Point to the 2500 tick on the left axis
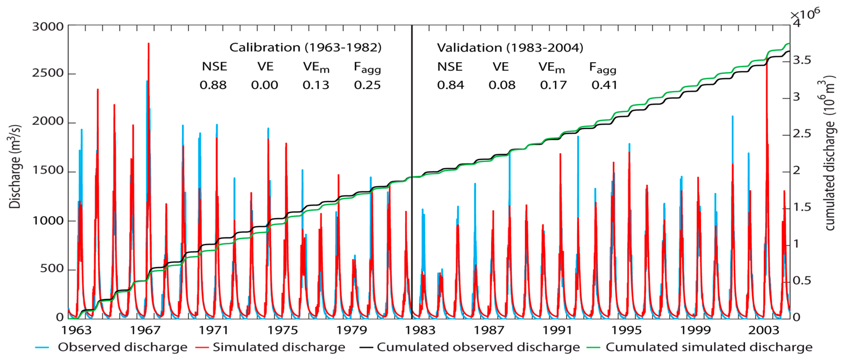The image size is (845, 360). click(x=48, y=73)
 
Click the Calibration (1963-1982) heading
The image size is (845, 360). click(x=305, y=48)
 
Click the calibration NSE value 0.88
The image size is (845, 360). click(x=213, y=85)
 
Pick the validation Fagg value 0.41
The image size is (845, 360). click(x=604, y=85)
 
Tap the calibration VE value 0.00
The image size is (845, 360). click(x=264, y=85)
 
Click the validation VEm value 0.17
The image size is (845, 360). click(x=553, y=85)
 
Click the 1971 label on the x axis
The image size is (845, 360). click(x=214, y=330)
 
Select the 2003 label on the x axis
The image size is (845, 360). click(x=764, y=330)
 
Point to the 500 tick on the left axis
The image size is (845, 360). click(x=52, y=268)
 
